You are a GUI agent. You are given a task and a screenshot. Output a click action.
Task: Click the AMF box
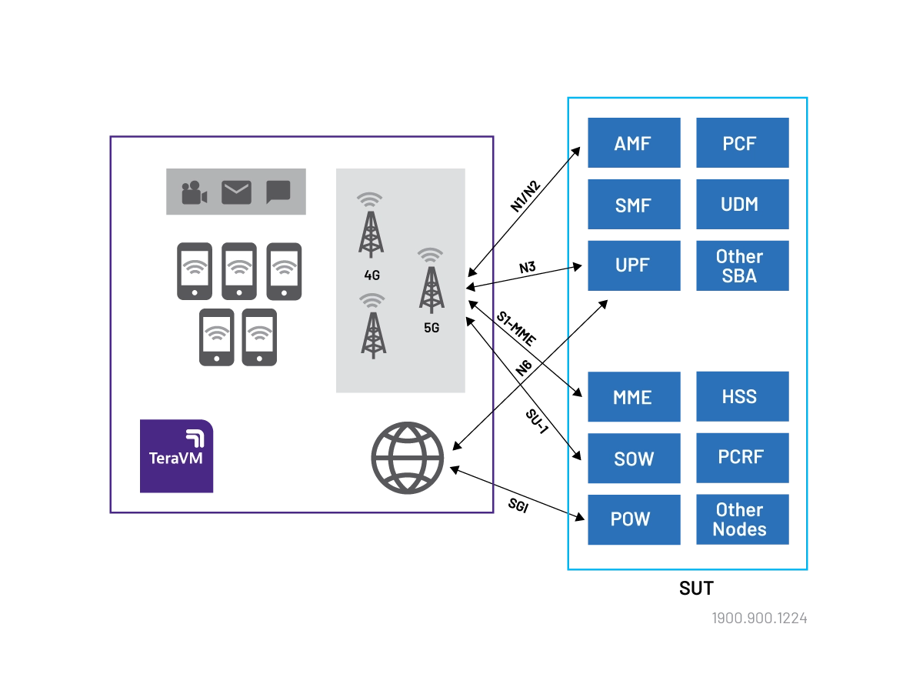pyautogui.click(x=633, y=144)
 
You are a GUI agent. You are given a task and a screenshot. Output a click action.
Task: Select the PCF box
pyautogui.click(x=743, y=144)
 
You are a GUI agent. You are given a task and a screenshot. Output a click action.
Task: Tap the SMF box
pyautogui.click(x=633, y=205)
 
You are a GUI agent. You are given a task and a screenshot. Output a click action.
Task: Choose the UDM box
pyautogui.click(x=743, y=205)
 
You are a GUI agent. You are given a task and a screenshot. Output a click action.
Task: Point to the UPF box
pyautogui.click(x=633, y=266)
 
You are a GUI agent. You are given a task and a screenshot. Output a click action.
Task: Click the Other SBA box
pyautogui.click(x=743, y=266)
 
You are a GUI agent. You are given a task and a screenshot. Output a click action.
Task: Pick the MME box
pyautogui.click(x=633, y=397)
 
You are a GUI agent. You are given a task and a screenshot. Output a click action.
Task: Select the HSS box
pyautogui.click(x=743, y=397)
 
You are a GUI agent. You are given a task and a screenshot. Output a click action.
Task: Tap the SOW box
pyautogui.click(x=633, y=459)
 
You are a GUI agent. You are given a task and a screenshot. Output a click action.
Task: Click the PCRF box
pyautogui.click(x=743, y=458)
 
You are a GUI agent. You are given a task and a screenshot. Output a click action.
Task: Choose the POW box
pyautogui.click(x=633, y=519)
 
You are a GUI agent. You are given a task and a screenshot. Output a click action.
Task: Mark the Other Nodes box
pyautogui.click(x=743, y=519)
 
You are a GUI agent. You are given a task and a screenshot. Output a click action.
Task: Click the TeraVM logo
pyautogui.click(x=175, y=457)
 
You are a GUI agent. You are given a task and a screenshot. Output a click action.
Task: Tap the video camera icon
pyautogui.click(x=195, y=192)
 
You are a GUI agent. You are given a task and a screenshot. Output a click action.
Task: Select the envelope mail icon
pyautogui.click(x=236, y=192)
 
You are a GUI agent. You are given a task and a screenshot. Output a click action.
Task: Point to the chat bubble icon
pyautogui.click(x=278, y=192)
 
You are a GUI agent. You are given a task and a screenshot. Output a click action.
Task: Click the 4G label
pyautogui.click(x=372, y=275)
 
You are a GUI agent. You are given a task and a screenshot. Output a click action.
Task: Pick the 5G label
pyautogui.click(x=432, y=327)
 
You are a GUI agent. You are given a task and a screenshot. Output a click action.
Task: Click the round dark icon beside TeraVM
pyautogui.click(x=408, y=458)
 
